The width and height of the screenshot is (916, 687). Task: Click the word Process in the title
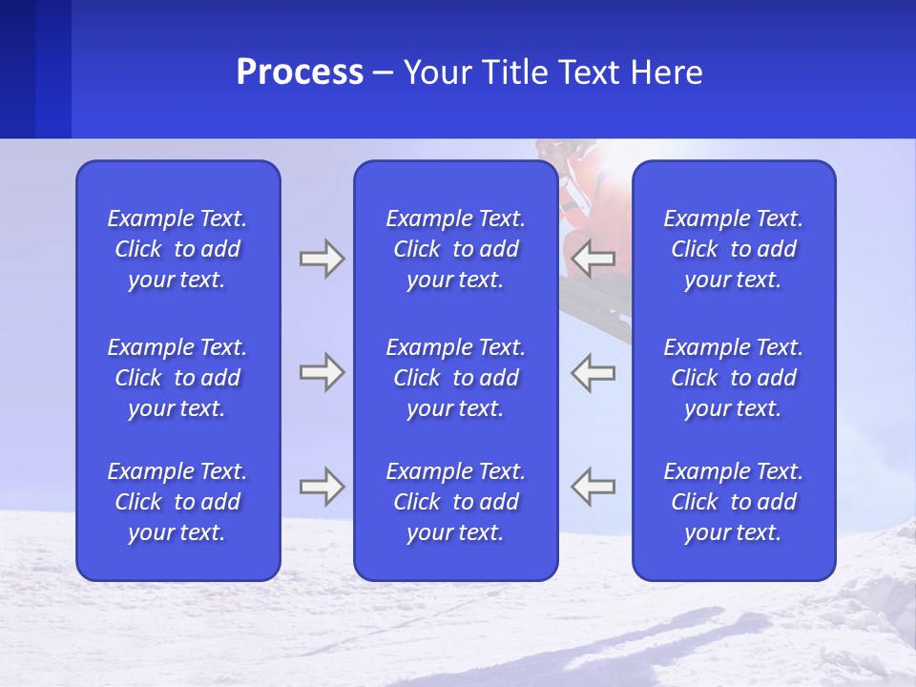click(x=300, y=73)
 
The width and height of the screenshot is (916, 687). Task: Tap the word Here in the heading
click(x=666, y=73)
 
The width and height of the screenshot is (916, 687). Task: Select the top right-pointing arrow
click(x=322, y=258)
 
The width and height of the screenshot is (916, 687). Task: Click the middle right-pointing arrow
click(x=322, y=372)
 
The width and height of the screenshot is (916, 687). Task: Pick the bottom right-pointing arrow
click(x=322, y=487)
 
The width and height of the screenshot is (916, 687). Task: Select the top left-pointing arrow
click(x=593, y=258)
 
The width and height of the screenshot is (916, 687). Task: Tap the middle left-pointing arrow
click(x=593, y=372)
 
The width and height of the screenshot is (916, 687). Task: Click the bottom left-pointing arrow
click(x=593, y=487)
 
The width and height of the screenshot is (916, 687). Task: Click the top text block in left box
click(x=177, y=249)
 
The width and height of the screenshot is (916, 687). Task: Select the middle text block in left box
click(x=177, y=378)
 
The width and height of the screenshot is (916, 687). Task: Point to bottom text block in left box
click(x=177, y=502)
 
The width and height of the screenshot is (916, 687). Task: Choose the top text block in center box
click(x=455, y=249)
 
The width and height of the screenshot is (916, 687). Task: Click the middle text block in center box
click(x=455, y=378)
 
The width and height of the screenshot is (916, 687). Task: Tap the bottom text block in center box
click(x=455, y=502)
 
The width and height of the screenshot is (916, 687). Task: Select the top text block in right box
click(x=733, y=249)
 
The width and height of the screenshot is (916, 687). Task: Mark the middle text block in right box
click(x=733, y=378)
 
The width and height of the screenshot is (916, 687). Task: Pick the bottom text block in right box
click(x=733, y=502)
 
